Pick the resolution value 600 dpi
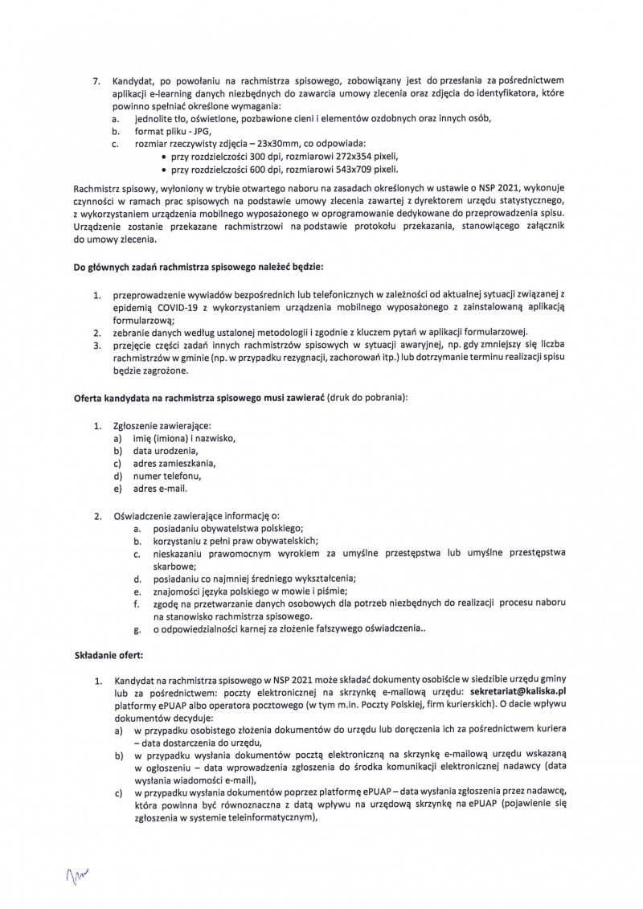[x=260, y=170]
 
